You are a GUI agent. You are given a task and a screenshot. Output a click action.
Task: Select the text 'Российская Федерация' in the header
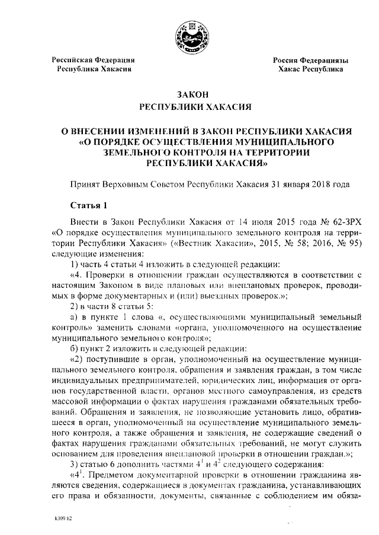93,60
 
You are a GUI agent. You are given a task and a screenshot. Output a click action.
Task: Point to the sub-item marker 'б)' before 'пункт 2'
74,348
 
